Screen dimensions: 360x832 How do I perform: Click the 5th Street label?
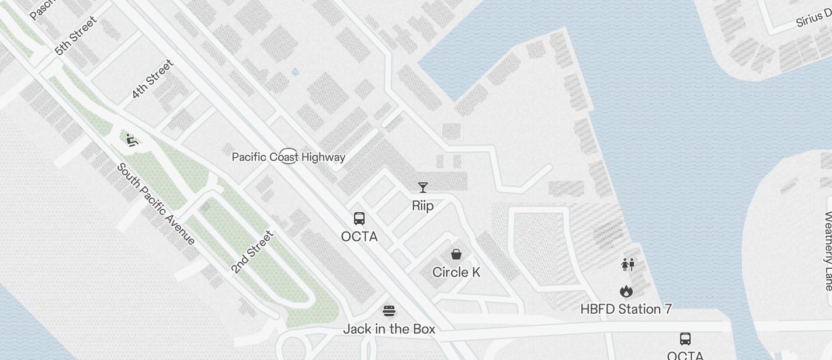(x=76, y=36)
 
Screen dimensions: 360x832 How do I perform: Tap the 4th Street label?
(x=152, y=79)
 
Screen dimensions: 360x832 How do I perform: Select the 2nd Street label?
(x=252, y=252)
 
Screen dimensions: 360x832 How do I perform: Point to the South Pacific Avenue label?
(x=156, y=203)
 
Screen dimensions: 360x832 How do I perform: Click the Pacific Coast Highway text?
(x=289, y=157)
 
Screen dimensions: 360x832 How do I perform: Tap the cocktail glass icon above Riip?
(x=423, y=187)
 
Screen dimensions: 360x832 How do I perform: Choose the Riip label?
(x=423, y=206)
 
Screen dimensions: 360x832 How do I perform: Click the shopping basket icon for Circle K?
(x=456, y=254)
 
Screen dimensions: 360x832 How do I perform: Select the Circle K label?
(x=456, y=272)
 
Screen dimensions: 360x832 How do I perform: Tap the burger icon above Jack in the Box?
(x=389, y=310)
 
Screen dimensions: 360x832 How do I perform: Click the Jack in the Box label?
(x=389, y=329)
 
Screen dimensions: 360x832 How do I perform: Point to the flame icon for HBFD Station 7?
(x=626, y=291)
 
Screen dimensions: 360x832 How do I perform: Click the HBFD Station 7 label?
(x=626, y=309)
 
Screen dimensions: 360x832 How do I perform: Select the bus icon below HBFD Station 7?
(x=685, y=338)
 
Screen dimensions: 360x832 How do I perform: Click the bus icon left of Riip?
(x=359, y=219)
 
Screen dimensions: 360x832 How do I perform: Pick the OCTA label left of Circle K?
(x=359, y=237)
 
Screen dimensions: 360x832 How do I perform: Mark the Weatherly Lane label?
(x=827, y=251)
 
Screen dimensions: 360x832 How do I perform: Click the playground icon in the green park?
(x=132, y=140)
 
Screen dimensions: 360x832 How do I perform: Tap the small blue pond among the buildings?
(x=295, y=72)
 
